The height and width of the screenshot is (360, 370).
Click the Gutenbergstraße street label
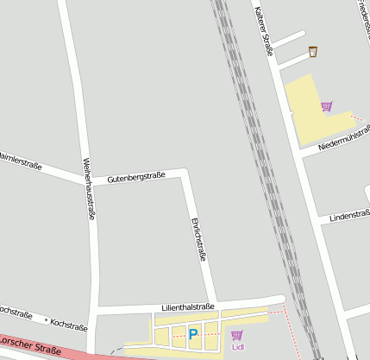[136, 177]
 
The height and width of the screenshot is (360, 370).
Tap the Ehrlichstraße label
[198, 239]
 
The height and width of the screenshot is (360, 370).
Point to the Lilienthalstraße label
[188, 306]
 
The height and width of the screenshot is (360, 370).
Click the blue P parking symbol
[193, 334]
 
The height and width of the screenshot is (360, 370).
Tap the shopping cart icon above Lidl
[237, 335]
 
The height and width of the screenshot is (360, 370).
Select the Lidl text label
[238, 348]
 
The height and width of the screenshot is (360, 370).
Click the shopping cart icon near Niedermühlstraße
[327, 107]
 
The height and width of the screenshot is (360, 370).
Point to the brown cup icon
[312, 52]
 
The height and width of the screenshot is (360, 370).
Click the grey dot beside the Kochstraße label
[46, 319]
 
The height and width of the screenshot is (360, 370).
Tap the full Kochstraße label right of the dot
[70, 325]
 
